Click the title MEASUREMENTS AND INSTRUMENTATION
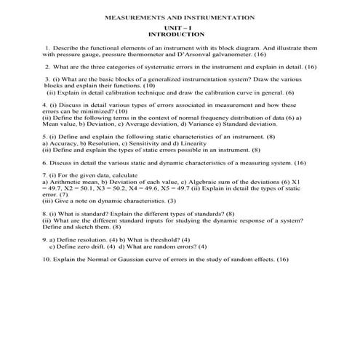pyautogui.click(x=180, y=15)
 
